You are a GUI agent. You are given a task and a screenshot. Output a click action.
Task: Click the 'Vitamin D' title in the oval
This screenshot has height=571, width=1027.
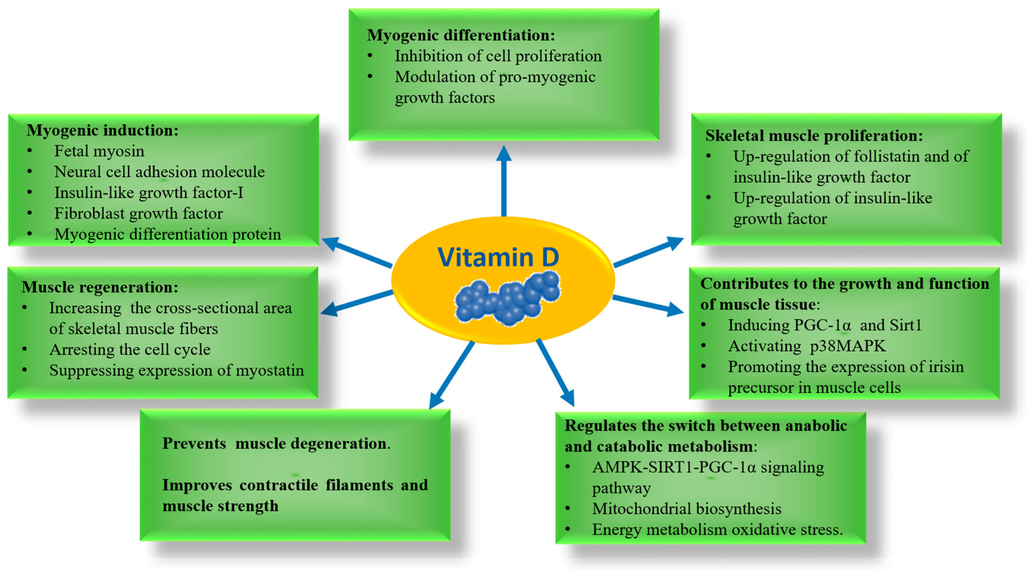[498, 257]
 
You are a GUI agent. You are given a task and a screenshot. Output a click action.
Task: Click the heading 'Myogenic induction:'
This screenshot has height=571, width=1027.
[102, 130]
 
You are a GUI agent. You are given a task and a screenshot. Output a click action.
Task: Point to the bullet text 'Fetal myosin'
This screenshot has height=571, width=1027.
[99, 151]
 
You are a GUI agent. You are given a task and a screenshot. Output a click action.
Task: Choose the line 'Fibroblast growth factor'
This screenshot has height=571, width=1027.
[138, 214]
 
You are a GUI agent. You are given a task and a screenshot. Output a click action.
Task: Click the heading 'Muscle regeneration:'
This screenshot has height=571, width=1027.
[100, 287]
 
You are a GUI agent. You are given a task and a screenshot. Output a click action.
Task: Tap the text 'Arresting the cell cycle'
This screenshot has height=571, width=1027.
[129, 349]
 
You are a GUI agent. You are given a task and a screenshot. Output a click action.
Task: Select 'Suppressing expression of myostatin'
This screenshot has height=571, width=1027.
[176, 370]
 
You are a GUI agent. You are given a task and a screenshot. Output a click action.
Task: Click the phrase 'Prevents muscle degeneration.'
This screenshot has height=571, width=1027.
[276, 444]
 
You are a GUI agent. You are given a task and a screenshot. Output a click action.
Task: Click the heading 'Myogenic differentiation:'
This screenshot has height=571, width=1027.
[460, 35]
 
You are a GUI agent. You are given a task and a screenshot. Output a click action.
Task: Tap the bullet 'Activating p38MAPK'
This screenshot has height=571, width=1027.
[807, 346]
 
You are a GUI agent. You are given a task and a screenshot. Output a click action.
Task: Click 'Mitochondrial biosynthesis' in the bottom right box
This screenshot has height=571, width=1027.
[687, 509]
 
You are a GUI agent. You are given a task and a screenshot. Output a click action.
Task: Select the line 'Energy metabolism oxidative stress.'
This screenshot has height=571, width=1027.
[717, 530]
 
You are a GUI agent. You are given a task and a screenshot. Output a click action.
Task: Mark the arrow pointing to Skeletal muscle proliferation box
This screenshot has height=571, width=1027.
[648, 252]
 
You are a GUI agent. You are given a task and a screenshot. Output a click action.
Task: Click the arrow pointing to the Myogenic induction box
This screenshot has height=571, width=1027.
[357, 253]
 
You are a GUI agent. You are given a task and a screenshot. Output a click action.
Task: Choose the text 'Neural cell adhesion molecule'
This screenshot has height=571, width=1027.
[159, 172]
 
